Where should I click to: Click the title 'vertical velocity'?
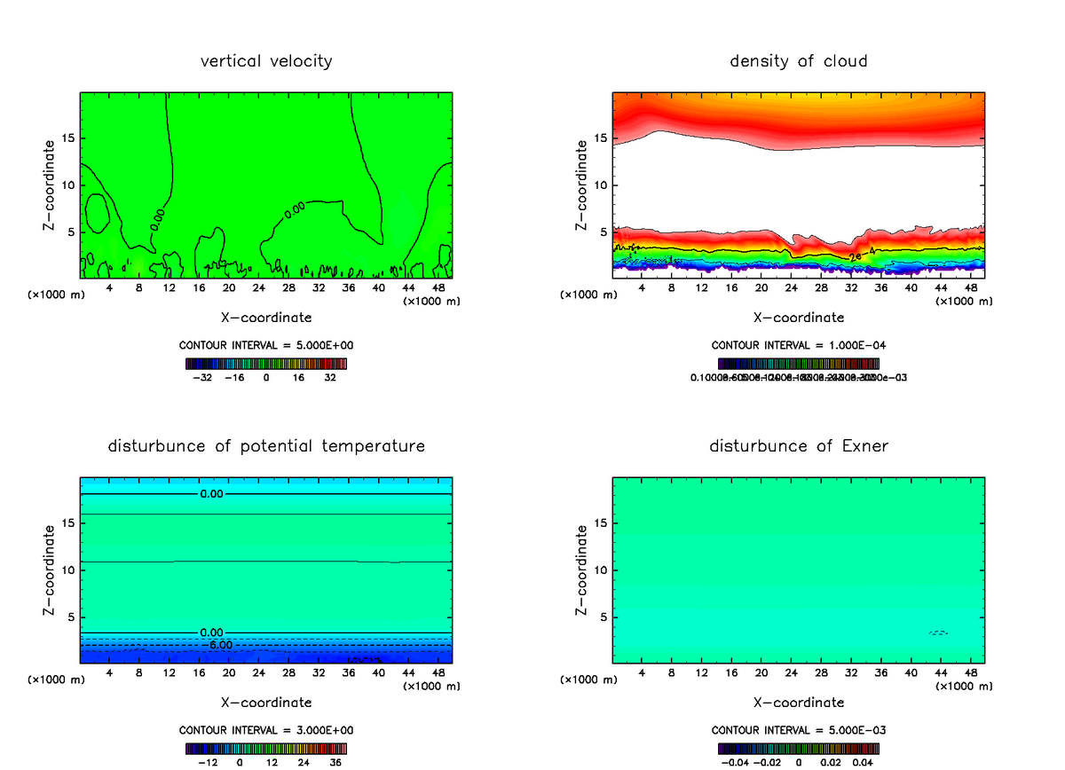point(266,61)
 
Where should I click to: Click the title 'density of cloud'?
point(798,61)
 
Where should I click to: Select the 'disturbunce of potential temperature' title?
point(266,445)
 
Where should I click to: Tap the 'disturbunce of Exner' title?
point(798,445)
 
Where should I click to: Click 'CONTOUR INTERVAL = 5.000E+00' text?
point(266,345)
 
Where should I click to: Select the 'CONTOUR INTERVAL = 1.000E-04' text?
point(798,345)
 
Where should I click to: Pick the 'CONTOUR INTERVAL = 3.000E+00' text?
point(266,730)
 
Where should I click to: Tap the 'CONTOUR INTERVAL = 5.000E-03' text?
point(798,730)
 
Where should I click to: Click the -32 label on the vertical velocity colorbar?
point(202,377)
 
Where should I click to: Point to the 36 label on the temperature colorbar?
point(335,762)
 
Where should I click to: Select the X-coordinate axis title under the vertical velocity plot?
point(266,317)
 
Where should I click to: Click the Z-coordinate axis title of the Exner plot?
point(582,570)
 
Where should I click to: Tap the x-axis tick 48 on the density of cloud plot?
point(970,288)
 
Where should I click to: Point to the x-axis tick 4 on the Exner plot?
point(642,673)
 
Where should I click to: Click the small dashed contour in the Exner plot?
point(938,632)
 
